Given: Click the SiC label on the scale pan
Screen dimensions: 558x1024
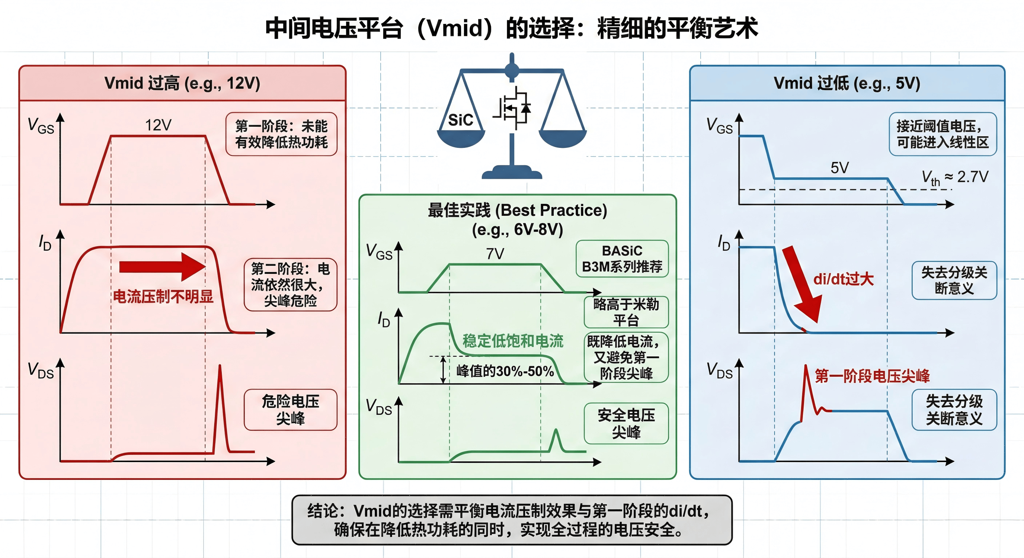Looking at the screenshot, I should coord(460,120).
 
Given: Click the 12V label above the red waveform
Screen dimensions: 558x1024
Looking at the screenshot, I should coord(158,125).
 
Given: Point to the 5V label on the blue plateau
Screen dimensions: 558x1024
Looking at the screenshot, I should coord(840,168).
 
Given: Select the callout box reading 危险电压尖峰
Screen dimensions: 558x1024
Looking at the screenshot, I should coord(290,410).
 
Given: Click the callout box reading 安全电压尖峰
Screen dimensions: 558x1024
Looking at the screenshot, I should coord(626,423).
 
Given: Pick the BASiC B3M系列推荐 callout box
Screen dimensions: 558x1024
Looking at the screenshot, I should coord(622,259).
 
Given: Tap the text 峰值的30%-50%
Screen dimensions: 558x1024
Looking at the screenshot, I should coord(505,371).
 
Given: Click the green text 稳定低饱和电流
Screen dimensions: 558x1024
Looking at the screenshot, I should coord(513,341).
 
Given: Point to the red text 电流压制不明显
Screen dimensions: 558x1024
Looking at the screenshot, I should coord(163,297).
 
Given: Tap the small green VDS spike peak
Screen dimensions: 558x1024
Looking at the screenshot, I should coord(556,430).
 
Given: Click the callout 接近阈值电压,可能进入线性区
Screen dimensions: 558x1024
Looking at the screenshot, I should coord(943,134).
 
